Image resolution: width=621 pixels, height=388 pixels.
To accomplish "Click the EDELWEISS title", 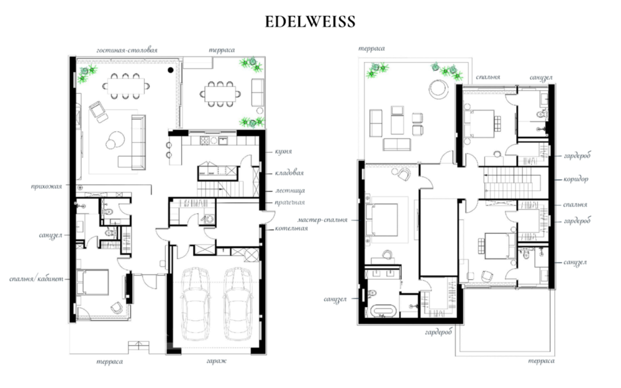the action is click(x=310, y=21).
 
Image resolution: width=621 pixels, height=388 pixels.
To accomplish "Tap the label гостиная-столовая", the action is click(x=127, y=50).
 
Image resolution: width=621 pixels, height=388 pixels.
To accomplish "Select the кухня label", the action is click(x=283, y=152).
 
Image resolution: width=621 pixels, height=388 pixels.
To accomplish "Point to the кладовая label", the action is click(x=289, y=173).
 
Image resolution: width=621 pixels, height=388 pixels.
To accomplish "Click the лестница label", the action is click(x=290, y=191).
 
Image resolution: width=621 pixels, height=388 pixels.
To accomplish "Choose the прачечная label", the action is click(x=290, y=203).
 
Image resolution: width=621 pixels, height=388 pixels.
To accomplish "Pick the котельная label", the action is click(x=291, y=229).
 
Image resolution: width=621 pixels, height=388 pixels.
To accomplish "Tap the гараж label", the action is click(x=216, y=361).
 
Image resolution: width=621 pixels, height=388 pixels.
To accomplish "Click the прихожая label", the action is click(x=47, y=187).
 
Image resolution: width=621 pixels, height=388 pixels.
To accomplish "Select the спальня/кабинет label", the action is click(x=36, y=279).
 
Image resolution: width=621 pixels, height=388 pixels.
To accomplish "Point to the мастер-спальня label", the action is click(x=322, y=219).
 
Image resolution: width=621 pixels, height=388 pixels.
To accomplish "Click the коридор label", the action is click(x=576, y=179).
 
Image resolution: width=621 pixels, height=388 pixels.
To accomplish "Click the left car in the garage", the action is click(x=195, y=304).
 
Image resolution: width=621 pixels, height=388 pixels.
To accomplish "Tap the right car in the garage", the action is click(x=238, y=304).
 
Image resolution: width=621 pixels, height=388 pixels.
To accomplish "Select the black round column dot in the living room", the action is click(x=170, y=70).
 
